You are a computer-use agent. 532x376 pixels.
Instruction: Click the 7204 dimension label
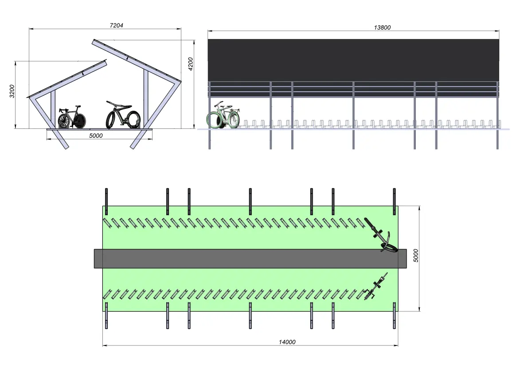(x=116, y=25)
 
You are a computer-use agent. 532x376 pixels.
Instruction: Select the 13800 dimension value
(x=382, y=27)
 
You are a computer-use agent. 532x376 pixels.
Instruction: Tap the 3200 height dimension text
(x=12, y=91)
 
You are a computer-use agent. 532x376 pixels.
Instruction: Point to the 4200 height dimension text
(x=191, y=64)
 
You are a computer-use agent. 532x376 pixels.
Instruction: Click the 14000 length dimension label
(x=287, y=342)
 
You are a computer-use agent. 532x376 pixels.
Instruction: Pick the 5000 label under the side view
(x=96, y=136)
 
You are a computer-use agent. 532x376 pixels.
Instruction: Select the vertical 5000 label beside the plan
(x=416, y=256)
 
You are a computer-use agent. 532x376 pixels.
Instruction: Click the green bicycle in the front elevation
(x=223, y=115)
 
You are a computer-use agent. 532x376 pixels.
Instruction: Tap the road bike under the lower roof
(x=72, y=117)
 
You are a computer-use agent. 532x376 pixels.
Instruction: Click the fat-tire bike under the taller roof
(x=123, y=116)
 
